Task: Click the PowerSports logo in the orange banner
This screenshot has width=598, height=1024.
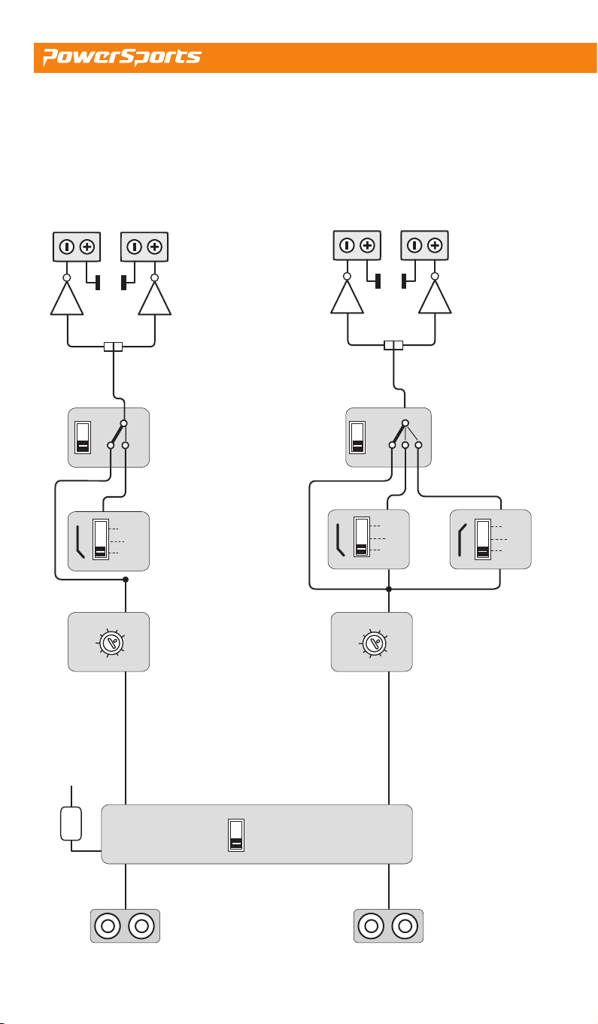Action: pyautogui.click(x=122, y=56)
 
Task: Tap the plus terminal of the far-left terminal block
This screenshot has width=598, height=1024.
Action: pyautogui.click(x=87, y=247)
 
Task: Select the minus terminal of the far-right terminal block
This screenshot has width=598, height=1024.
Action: pyautogui.click(x=414, y=246)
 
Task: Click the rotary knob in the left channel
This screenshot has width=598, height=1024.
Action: pyautogui.click(x=111, y=644)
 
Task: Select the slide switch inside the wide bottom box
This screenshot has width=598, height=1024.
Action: pyautogui.click(x=236, y=835)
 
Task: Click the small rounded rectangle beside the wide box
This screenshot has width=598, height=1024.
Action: pyautogui.click(x=71, y=824)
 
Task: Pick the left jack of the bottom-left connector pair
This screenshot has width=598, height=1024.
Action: pyautogui.click(x=108, y=926)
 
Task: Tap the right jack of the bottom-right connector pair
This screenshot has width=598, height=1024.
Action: pyautogui.click(x=405, y=926)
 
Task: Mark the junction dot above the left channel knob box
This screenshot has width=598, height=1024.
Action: pyautogui.click(x=126, y=579)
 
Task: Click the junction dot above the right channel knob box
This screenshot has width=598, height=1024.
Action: pyautogui.click(x=389, y=589)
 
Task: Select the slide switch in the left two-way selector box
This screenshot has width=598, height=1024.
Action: pyautogui.click(x=83, y=438)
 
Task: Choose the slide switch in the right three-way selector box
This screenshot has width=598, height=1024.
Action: pyautogui.click(x=357, y=438)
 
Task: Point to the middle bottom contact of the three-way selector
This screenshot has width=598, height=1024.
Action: pyautogui.click(x=405, y=444)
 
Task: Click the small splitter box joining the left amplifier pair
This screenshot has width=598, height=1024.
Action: pyautogui.click(x=113, y=347)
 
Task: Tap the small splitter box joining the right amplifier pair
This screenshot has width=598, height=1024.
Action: pyautogui.click(x=393, y=344)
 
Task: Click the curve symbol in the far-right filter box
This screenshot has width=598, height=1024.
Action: pyautogui.click(x=462, y=540)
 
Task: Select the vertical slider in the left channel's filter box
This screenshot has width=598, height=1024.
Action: pyautogui.click(x=101, y=539)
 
